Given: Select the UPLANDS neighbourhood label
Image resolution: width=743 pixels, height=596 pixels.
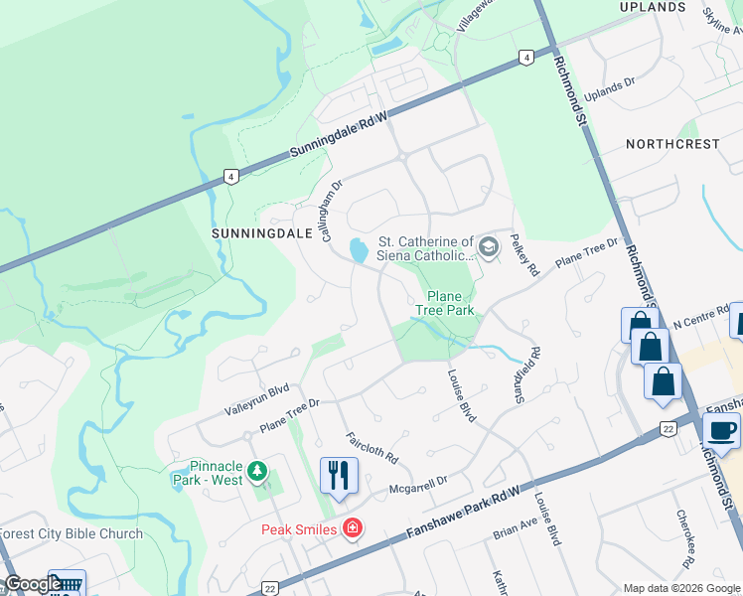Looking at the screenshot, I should click(x=653, y=7).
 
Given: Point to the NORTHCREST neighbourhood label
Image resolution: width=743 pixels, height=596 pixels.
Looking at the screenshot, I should click(x=672, y=144).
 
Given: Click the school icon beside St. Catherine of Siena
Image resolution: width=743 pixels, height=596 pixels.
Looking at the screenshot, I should click(x=488, y=244).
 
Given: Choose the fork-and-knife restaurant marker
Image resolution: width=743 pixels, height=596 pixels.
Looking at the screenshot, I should click(x=339, y=475).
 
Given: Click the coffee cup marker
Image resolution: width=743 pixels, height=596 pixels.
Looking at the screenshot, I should click(x=721, y=431).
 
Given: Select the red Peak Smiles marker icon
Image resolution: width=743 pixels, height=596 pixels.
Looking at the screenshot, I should click(x=351, y=527).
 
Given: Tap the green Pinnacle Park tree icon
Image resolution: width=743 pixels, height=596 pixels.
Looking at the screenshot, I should click(x=257, y=470).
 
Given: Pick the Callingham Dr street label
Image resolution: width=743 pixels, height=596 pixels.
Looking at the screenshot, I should click(x=332, y=211).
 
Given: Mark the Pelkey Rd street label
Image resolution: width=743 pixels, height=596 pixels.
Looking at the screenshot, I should click(x=523, y=255).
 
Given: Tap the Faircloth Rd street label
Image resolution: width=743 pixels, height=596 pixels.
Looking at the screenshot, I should click(x=371, y=449).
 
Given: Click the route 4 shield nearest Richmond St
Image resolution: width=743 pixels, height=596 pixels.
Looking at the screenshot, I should click(x=523, y=58).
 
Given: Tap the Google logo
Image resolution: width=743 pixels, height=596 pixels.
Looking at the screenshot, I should click(x=32, y=584).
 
